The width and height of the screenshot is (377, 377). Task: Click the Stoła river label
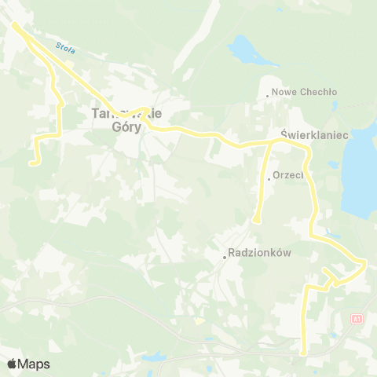(x=66, y=48)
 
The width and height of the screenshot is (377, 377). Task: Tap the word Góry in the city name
(x=119, y=128)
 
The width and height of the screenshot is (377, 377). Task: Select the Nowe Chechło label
(x=305, y=92)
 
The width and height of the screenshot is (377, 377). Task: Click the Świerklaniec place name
(x=314, y=135)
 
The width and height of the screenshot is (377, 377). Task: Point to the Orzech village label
(x=287, y=176)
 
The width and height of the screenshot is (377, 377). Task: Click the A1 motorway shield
(x=358, y=318)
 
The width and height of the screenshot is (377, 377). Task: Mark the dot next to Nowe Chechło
(x=268, y=96)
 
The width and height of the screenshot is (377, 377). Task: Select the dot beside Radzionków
(x=224, y=256)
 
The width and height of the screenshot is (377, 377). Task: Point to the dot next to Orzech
(x=269, y=179)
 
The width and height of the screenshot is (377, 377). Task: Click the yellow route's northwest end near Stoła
(x=14, y=25)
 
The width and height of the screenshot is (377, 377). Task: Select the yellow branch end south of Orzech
(x=256, y=221)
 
